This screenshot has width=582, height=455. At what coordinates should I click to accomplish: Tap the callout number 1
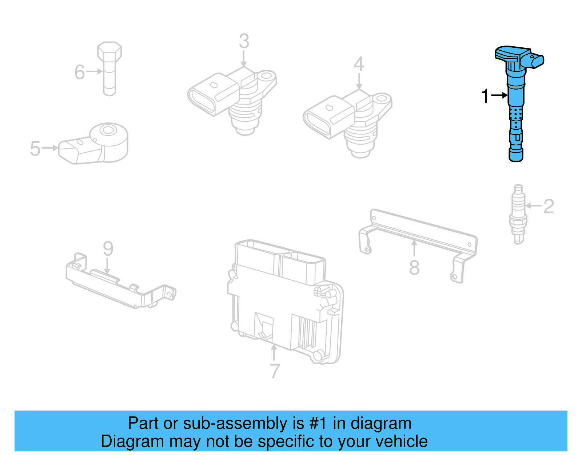coord(485,96)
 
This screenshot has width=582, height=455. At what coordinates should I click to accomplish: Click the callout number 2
coord(549,207)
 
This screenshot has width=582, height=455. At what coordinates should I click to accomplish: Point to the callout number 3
coord(244,42)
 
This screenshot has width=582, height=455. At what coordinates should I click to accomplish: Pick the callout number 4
coord(359,64)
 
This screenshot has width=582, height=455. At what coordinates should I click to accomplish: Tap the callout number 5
coord(35,149)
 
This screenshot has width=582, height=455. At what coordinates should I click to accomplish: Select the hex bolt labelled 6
coord(109,69)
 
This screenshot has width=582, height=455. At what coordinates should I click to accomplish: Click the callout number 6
coord(80,72)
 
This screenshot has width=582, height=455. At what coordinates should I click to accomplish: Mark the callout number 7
coord(275,371)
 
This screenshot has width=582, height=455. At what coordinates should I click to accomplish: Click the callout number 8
coord(414,268)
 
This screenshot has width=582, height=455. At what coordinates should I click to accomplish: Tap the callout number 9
coord(108,249)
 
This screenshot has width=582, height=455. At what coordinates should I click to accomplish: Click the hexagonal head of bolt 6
coord(109,51)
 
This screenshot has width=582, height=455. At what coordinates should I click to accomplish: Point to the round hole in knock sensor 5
coord(107,130)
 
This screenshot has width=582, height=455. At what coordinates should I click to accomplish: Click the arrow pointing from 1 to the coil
coord(499,95)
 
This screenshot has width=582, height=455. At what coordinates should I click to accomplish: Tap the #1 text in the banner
coord(318,423)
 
